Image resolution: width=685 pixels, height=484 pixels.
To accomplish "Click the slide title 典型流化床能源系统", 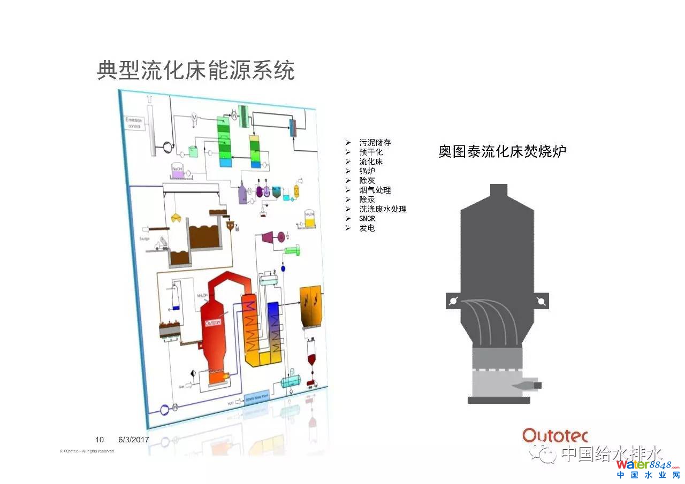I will pyautogui.click(x=196, y=70).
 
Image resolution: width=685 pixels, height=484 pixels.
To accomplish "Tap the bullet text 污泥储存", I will pyautogui.click(x=375, y=143).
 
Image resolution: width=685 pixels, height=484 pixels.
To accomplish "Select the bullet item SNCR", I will pyautogui.click(x=367, y=219).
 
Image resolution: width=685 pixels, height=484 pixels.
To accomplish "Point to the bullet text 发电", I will pyautogui.click(x=367, y=228).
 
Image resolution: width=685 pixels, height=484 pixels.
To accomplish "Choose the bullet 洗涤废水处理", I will pyautogui.click(x=383, y=209).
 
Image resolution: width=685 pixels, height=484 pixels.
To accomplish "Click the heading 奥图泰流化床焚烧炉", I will pyautogui.click(x=502, y=151).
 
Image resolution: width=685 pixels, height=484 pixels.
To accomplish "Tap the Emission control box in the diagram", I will pyautogui.click(x=134, y=123).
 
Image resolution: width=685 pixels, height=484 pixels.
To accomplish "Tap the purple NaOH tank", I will pyautogui.click(x=177, y=172).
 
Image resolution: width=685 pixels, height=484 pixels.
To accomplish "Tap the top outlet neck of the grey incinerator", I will pyautogui.click(x=498, y=191).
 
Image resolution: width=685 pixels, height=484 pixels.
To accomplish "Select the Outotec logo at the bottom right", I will pyautogui.click(x=555, y=435).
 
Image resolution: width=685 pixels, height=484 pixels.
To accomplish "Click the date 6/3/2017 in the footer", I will pyautogui.click(x=133, y=440).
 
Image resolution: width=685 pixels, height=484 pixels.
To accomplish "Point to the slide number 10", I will pyautogui.click(x=100, y=440).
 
